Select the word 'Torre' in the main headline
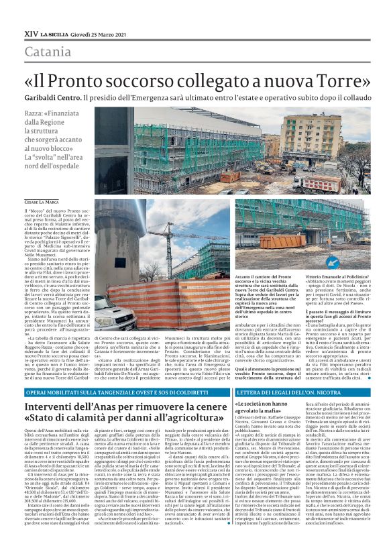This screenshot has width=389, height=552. (333, 81)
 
